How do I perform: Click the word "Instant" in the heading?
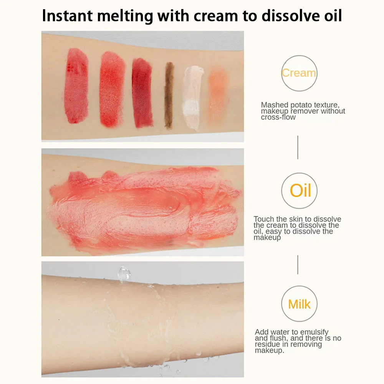pos(67,16)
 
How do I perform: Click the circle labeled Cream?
pos(299,56)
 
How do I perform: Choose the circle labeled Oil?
pos(299,173)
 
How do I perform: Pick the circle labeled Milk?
pos(299,286)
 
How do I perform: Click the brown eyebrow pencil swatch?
pos(169,95)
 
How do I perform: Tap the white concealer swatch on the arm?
pos(192,98)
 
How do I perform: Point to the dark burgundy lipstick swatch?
pos(142,93)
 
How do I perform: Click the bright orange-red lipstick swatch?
pos(112,89)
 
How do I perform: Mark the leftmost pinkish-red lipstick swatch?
pos(76,86)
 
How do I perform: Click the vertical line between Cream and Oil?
pos(298,147)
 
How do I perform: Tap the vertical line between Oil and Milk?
pos(298,265)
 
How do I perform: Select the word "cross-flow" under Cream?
pos(278,117)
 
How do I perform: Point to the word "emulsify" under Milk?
pos(314,332)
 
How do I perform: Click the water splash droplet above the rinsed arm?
pos(124,273)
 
